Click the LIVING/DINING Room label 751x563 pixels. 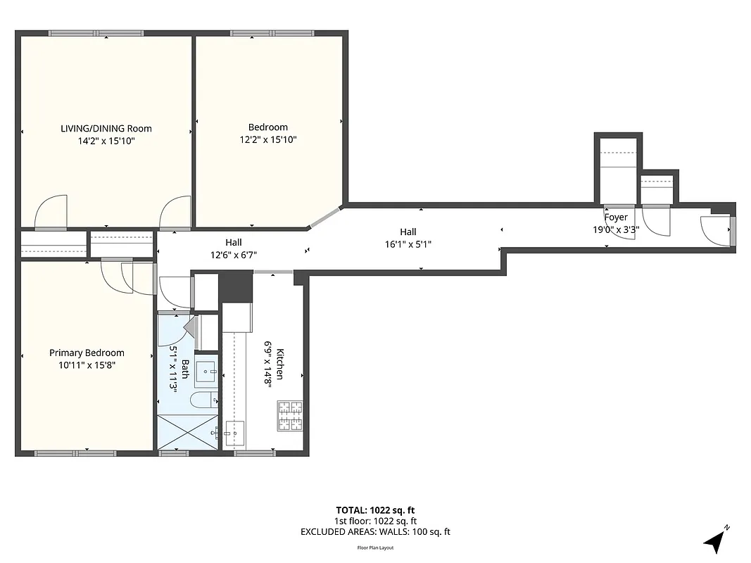point(106,128)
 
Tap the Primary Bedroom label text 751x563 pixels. point(87,353)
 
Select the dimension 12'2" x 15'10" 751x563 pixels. point(267,139)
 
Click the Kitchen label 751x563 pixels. point(280,364)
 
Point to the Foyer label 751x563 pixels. point(615,217)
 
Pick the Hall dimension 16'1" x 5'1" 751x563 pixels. point(408,244)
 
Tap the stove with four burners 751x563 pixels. point(290,415)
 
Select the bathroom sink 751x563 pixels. point(206,371)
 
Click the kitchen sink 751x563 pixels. point(234,430)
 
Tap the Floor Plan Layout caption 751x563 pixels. point(375,548)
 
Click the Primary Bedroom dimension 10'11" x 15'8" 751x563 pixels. point(87,365)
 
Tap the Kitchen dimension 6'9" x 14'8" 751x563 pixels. point(268,364)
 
